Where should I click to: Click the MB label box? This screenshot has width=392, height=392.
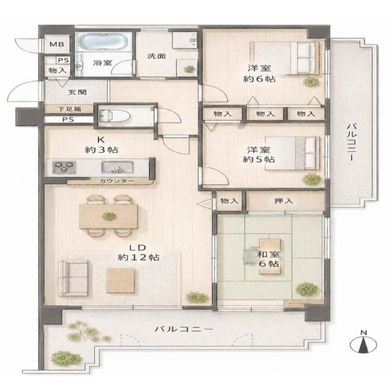click(x=57, y=44)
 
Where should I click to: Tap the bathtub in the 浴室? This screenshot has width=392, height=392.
click(x=103, y=42)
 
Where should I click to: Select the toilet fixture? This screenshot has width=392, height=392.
click(x=115, y=116)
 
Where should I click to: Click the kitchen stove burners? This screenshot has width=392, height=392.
click(x=64, y=167)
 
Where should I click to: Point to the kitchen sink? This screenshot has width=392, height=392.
click(x=117, y=167)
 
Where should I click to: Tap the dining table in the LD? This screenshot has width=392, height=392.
click(x=109, y=216)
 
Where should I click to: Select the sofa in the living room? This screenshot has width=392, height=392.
click(x=73, y=278)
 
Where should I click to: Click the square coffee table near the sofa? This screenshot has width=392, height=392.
click(x=121, y=281)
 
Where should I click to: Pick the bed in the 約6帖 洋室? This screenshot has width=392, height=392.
click(x=285, y=58)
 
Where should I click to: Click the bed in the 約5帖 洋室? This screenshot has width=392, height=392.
click(x=292, y=153)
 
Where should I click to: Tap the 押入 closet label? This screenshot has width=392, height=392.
click(x=284, y=201)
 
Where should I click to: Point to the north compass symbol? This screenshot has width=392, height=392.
click(x=363, y=343)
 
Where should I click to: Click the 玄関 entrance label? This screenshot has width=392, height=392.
click(x=77, y=92)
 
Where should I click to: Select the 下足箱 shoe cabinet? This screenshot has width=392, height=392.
click(x=69, y=109)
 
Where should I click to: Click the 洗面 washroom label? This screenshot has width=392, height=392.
click(x=156, y=56)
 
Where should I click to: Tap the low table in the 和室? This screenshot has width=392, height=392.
click(x=269, y=256)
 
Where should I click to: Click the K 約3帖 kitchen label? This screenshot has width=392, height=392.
click(x=102, y=145)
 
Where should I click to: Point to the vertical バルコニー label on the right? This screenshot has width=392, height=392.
click(x=352, y=142)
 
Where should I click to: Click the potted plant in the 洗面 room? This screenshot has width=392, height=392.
click(x=189, y=69)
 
